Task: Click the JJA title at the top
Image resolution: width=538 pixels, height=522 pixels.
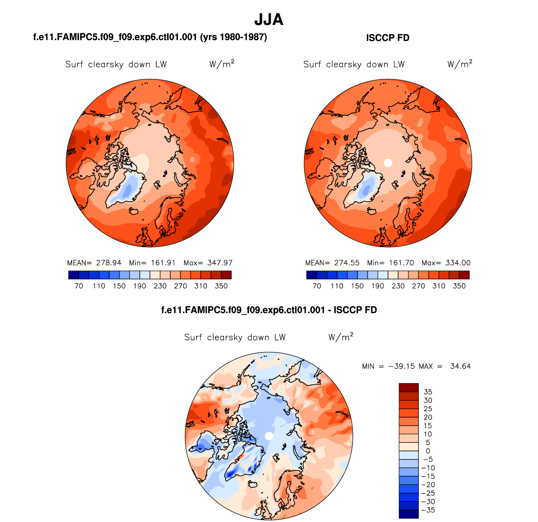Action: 269,19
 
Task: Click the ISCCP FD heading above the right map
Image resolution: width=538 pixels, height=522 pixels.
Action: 388,38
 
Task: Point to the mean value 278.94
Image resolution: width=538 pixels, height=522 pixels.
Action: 109,263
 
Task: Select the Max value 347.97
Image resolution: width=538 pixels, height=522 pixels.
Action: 220,263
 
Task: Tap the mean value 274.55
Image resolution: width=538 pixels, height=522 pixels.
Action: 347,263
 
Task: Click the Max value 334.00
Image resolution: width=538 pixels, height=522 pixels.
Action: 458,263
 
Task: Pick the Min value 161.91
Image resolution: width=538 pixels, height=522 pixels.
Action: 163,263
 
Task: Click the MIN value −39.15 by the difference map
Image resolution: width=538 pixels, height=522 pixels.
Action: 401,366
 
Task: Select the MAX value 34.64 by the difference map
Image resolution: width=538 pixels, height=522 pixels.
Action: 460,366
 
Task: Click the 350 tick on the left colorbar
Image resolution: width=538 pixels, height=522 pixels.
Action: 221,286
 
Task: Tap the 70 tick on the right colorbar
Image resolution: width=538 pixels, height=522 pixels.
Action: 317,286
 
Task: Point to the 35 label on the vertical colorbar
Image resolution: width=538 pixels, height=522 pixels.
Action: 428,392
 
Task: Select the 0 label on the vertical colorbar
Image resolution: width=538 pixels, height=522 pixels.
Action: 428,451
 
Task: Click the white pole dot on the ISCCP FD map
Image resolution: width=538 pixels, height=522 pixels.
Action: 388,163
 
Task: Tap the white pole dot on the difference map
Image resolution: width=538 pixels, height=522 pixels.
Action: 269,436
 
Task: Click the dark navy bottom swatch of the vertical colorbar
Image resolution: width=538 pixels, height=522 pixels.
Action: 409,514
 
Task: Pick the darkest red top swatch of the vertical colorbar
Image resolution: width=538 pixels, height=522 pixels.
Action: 409,387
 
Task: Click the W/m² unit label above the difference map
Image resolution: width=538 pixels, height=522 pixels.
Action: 341,337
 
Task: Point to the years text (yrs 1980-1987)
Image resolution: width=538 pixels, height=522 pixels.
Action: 233,37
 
